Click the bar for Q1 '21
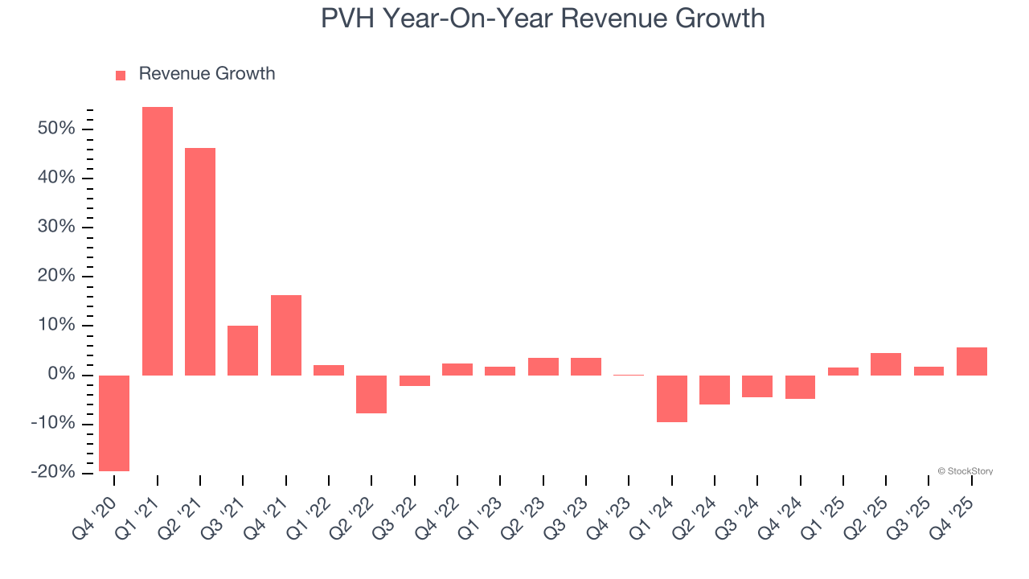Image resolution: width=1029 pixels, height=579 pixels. coord(158,241)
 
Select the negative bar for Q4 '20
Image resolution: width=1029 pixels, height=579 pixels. coord(114,423)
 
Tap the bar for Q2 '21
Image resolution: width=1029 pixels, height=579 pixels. coord(200,261)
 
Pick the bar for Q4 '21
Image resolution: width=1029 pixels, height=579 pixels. coord(286,335)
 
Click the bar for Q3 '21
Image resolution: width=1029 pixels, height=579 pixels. coord(243,351)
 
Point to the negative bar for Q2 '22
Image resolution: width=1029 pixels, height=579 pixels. coord(371,394)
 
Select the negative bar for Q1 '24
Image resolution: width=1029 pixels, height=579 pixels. coord(672,399)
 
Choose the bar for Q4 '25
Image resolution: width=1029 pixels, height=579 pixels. coord(972,361)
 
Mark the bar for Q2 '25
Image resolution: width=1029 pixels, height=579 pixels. coord(886,364)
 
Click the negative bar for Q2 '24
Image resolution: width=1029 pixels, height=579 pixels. coord(715,390)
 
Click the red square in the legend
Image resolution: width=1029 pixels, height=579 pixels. coord(121,76)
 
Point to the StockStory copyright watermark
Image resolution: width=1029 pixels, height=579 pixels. coord(965,471)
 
